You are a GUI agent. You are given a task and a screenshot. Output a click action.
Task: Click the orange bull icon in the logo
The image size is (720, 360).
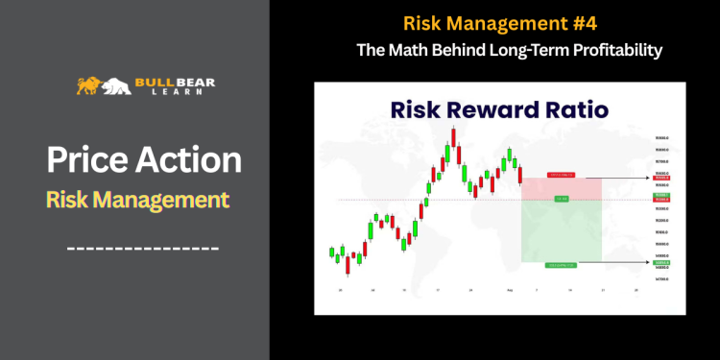(x=89, y=84)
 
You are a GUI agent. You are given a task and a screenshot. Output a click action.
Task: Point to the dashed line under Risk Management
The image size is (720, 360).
(x=143, y=249)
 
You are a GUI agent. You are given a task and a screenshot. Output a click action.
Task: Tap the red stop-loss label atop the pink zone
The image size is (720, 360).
(x=561, y=175)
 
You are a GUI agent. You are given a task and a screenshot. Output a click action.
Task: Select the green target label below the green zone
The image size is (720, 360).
(x=561, y=265)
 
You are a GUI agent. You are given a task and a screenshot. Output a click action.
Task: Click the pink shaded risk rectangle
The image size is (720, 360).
(x=561, y=188)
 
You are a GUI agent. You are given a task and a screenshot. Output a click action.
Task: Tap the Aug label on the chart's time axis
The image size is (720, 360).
(x=510, y=289)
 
